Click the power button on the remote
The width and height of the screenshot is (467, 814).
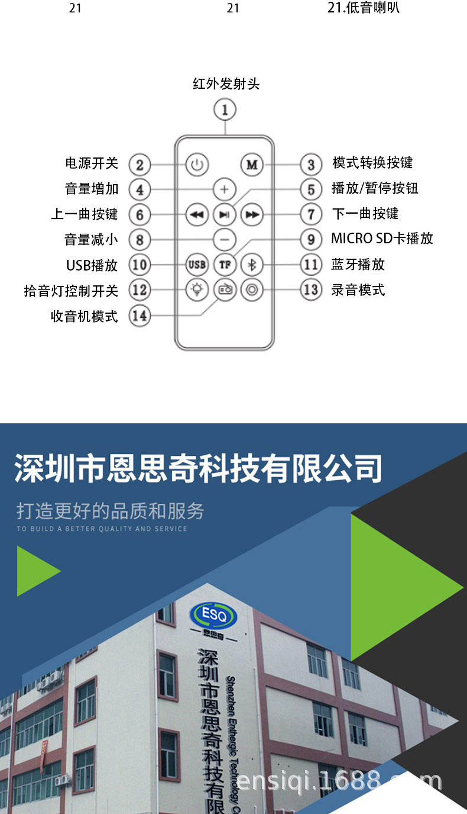pyautogui.click(x=197, y=165)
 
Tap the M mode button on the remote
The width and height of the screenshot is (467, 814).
pyautogui.click(x=252, y=165)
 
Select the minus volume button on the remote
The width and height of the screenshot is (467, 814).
pyautogui.click(x=224, y=240)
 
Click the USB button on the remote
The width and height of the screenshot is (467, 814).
pyautogui.click(x=197, y=265)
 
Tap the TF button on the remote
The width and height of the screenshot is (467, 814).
pyautogui.click(x=225, y=265)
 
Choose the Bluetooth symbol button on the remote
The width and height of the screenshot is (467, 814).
pyautogui.click(x=252, y=265)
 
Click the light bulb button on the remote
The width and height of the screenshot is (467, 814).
pyautogui.click(x=197, y=290)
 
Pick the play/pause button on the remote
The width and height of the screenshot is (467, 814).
pyautogui.click(x=224, y=214)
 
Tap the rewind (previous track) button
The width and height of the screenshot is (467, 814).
pyautogui.click(x=197, y=214)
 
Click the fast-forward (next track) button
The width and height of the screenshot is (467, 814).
pyautogui.click(x=252, y=214)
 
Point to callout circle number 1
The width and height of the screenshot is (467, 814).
pyautogui.click(x=225, y=110)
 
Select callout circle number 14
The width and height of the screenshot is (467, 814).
pyautogui.click(x=140, y=316)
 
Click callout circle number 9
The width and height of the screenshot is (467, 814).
pyautogui.click(x=311, y=240)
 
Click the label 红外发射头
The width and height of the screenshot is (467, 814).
pyautogui.click(x=226, y=84)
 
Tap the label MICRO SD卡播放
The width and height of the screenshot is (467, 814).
pyautogui.click(x=382, y=239)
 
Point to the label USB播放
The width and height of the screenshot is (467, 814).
pyautogui.click(x=92, y=265)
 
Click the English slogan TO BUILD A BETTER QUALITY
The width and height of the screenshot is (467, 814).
pyautogui.click(x=102, y=529)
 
